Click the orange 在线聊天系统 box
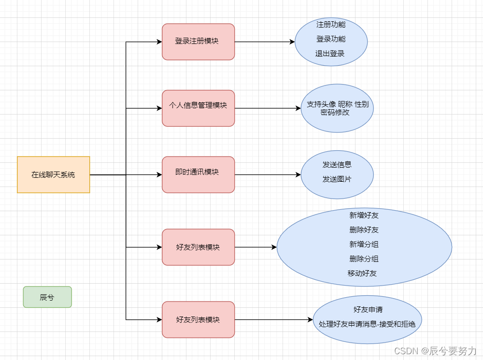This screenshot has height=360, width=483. [53, 174]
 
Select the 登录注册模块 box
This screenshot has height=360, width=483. [198, 42]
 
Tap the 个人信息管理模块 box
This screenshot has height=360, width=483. [198, 108]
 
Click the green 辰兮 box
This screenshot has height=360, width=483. [47, 297]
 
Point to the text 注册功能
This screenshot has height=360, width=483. [331, 24]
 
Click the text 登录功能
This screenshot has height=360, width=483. [331, 39]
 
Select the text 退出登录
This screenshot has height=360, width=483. [330, 53]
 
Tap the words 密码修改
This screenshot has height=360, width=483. [335, 113]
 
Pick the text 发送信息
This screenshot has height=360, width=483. [337, 164]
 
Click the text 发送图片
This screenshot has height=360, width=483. [337, 179]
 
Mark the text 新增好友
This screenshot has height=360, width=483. [364, 215]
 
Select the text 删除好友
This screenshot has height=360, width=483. [364, 230]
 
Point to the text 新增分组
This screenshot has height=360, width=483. [364, 244]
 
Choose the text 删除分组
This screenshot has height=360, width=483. [364, 259]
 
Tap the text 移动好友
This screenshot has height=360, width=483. [362, 273]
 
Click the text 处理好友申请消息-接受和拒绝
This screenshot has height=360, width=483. [367, 324]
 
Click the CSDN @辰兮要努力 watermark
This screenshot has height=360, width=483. [435, 351]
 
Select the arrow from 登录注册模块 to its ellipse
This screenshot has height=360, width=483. [265, 42]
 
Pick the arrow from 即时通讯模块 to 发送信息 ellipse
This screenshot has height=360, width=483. [268, 174]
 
